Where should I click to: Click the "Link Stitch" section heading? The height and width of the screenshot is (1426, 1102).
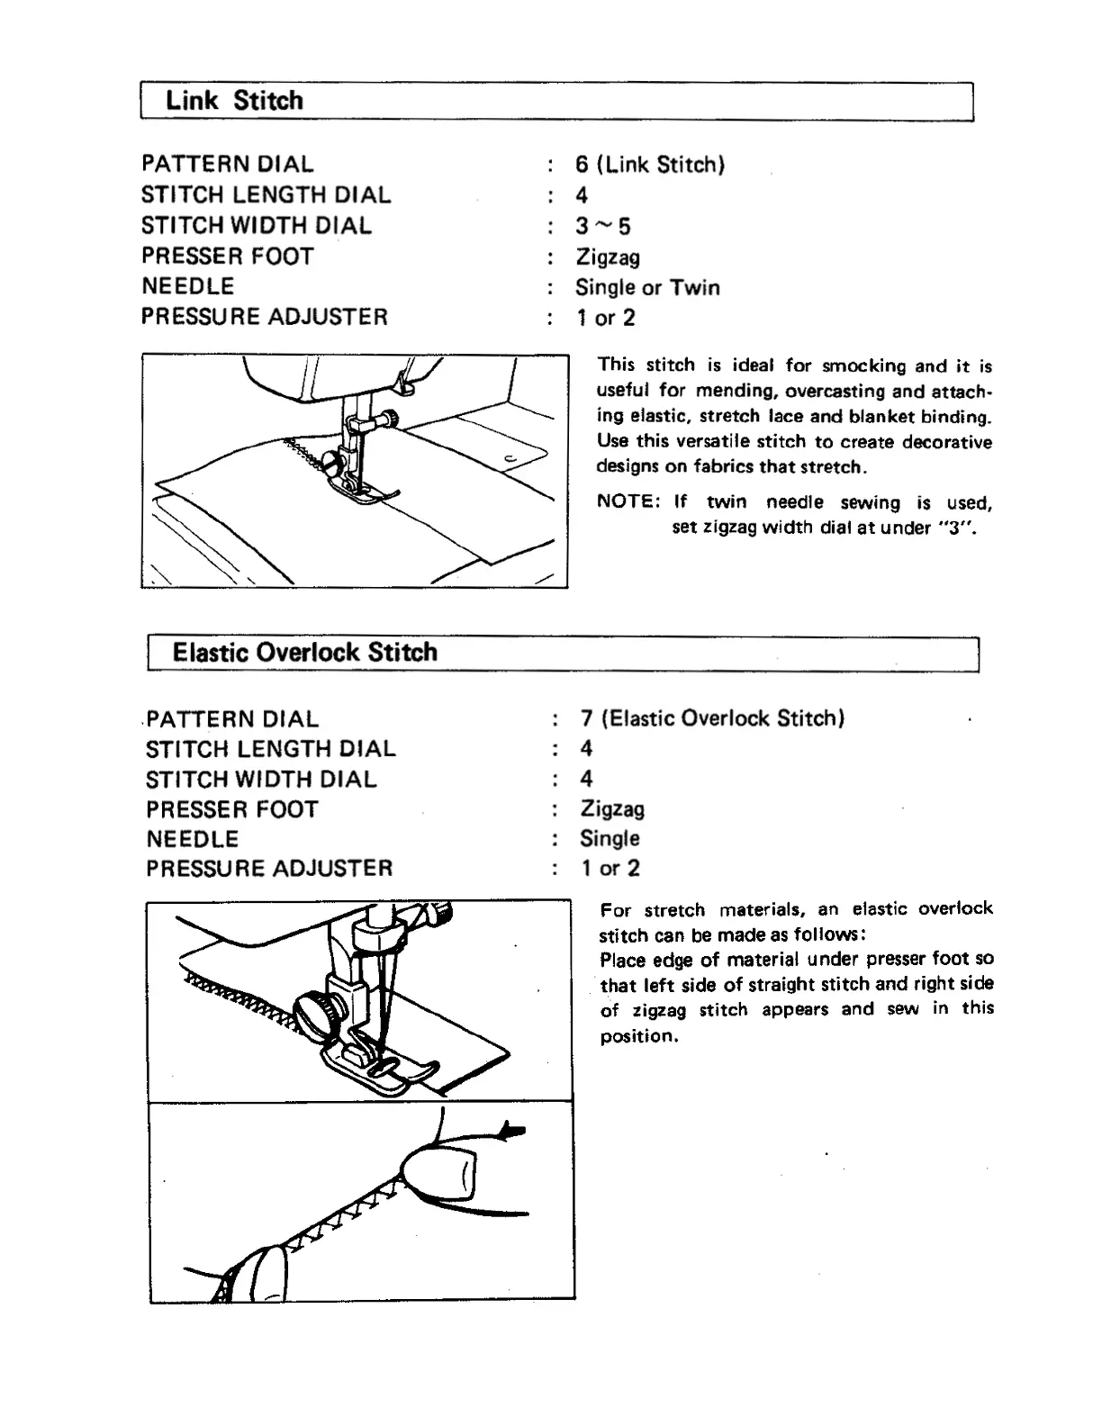[234, 101]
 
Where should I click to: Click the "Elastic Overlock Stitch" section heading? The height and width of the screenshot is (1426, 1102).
[304, 653]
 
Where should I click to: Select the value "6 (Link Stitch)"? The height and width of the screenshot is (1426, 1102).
[650, 165]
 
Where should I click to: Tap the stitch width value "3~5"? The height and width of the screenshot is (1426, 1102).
[603, 226]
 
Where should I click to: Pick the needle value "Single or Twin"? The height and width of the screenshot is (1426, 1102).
[647, 288]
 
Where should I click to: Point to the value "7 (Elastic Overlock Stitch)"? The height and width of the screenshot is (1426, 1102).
[712, 718]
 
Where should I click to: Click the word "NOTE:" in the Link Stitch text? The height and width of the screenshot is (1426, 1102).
[628, 502]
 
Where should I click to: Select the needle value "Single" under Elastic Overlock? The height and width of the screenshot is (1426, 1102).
[610, 839]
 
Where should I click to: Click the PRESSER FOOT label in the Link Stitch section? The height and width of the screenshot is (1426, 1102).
[227, 257]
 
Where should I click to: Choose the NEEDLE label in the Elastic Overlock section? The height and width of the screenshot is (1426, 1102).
[192, 839]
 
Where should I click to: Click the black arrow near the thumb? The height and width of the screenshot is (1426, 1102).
[511, 1131]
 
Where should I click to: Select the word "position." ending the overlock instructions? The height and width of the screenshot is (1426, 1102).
[638, 1036]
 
